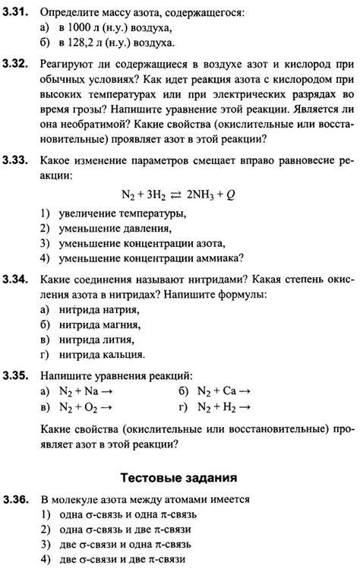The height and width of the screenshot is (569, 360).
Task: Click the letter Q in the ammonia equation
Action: pos(231,194)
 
